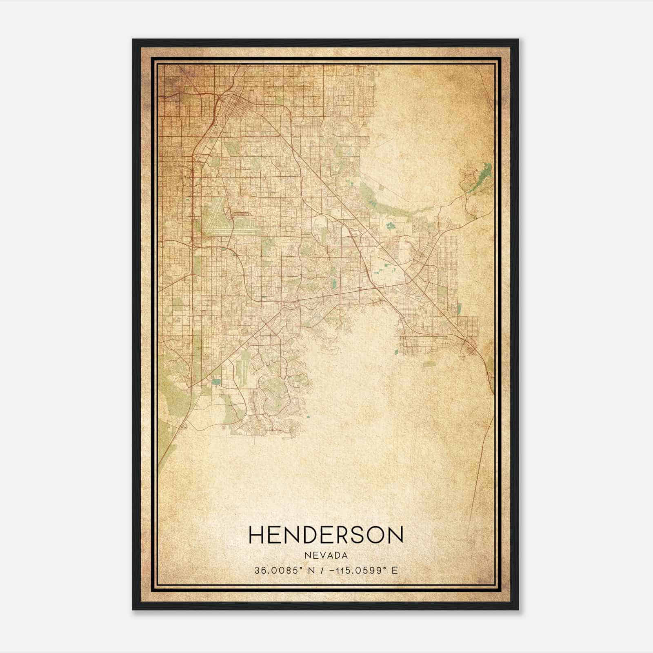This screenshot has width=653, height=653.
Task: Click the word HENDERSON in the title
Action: [326, 535]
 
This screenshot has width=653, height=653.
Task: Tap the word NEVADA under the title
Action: [326, 555]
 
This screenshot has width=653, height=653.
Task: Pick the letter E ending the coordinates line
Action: [394, 571]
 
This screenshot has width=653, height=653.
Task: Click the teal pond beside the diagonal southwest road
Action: [216, 382]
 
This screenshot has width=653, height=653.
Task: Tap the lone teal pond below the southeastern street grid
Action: [396, 351]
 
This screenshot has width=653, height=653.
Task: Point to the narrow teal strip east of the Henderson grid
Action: [460, 309]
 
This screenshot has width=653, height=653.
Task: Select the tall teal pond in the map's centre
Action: [334, 282]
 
